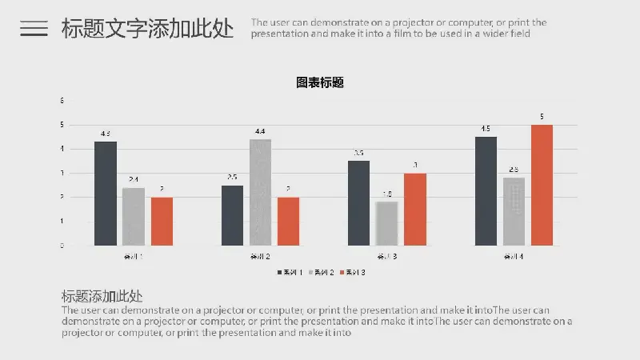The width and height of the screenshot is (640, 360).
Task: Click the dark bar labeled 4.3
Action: (x=106, y=194)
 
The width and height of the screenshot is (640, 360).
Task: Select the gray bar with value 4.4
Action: (x=260, y=192)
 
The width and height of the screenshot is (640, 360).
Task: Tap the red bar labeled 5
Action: (x=542, y=185)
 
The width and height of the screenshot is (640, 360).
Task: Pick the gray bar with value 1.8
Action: (x=386, y=223)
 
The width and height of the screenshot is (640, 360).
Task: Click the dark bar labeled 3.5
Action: (x=359, y=203)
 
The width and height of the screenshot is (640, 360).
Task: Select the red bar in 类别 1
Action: (x=162, y=221)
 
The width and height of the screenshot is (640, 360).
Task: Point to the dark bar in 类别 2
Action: (x=232, y=215)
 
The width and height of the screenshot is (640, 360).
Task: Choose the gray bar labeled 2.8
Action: (x=514, y=211)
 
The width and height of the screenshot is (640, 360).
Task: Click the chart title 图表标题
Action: (x=320, y=82)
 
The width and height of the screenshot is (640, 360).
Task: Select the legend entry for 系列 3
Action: (x=353, y=273)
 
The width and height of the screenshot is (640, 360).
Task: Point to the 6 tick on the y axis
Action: (x=62, y=101)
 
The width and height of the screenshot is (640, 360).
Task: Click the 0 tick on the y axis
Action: (x=62, y=246)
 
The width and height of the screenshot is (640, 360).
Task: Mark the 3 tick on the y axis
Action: (x=62, y=173)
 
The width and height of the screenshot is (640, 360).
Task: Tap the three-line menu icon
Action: (x=34, y=29)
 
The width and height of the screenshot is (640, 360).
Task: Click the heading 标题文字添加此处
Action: (x=148, y=29)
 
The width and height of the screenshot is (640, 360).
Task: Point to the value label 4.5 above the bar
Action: (x=486, y=129)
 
